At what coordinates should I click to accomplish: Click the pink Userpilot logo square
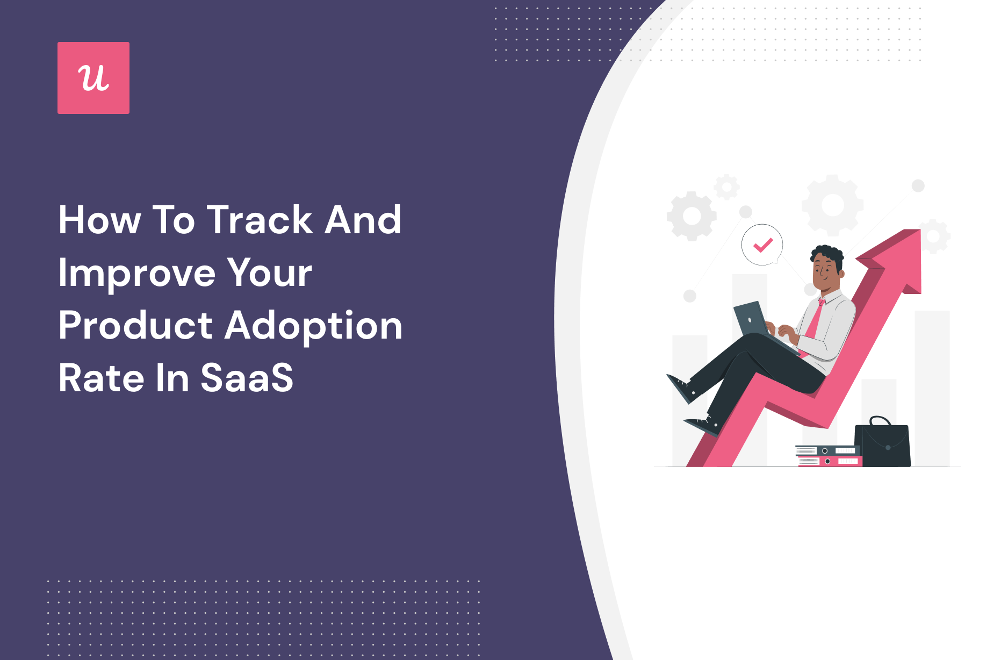point(93,78)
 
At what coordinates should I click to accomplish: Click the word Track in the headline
point(260,220)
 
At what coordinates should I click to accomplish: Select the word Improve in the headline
point(136,274)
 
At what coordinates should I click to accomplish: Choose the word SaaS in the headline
point(247,378)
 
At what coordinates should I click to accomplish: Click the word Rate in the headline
point(102,378)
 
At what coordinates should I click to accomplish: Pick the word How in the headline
point(99,220)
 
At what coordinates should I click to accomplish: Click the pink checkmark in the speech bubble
point(762,245)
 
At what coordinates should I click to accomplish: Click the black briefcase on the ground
point(882,444)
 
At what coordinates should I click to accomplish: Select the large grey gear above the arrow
point(832,205)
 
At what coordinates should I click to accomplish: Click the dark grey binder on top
point(827,450)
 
